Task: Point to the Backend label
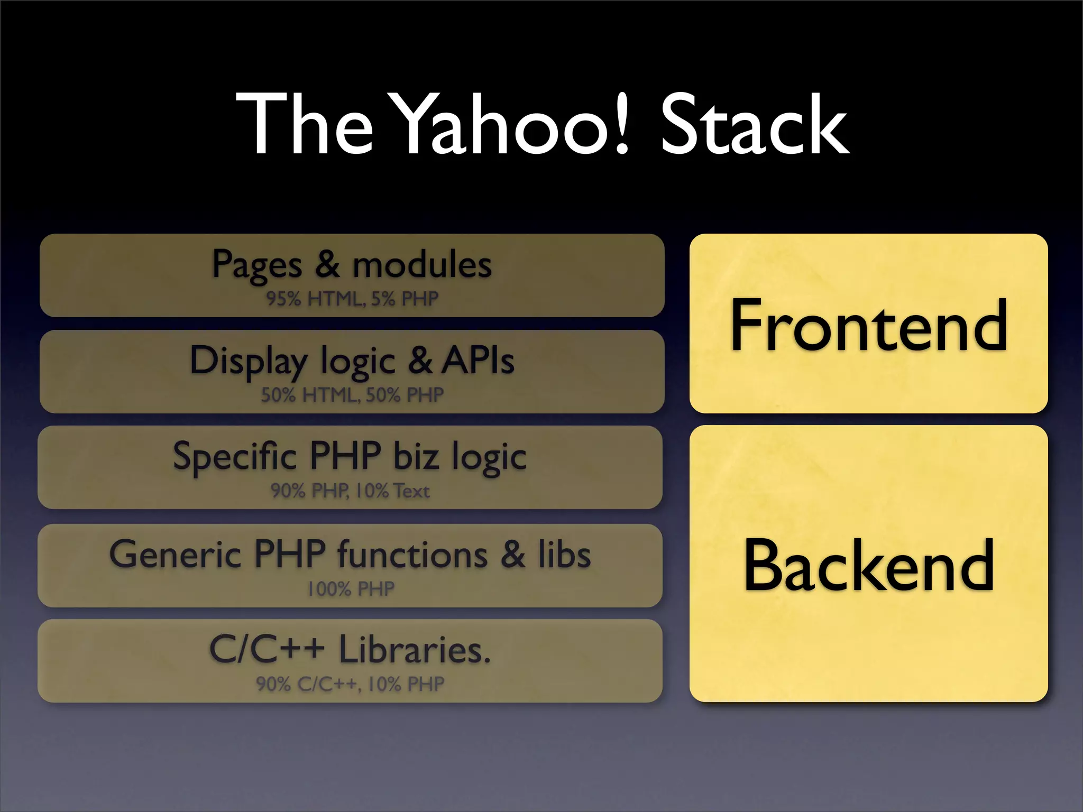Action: [868, 565]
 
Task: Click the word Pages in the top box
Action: [257, 264]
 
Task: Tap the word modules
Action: [422, 264]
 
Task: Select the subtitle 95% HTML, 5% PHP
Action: [352, 299]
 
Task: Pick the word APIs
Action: [478, 361]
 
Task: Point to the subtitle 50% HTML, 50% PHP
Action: [352, 395]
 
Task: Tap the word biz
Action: [416, 456]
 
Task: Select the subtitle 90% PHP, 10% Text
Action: [350, 491]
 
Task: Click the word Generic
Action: [175, 554]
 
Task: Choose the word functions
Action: [412, 554]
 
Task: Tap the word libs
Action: [564, 554]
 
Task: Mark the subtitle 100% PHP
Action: [351, 588]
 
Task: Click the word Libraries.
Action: [415, 649]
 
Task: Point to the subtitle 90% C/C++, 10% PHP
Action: [350, 684]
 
